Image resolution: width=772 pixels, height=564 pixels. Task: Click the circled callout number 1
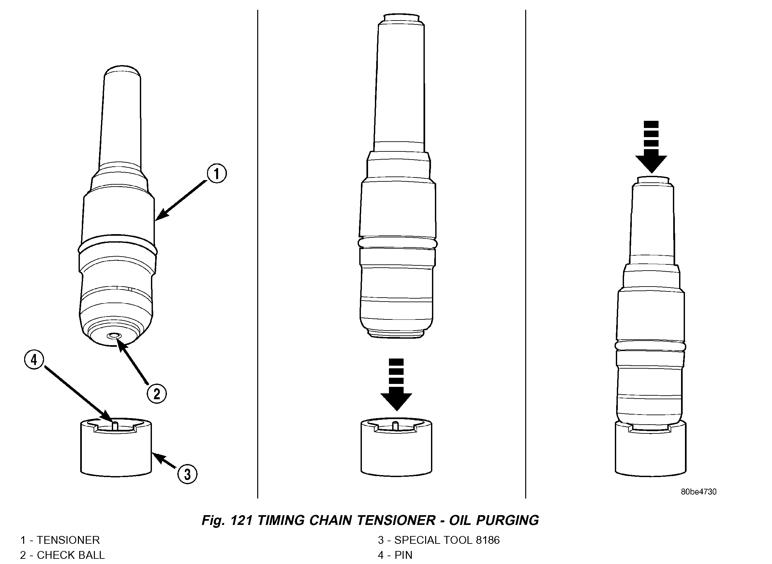217,174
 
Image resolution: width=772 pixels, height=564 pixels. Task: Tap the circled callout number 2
156,394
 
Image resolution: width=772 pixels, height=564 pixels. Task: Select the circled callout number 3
187,474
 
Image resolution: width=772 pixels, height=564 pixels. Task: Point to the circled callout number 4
34,360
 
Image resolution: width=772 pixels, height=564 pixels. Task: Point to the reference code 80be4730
699,492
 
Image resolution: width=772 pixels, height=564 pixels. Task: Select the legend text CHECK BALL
70,555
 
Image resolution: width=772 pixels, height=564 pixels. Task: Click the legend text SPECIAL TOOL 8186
447,540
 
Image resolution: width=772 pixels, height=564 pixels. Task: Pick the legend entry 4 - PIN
395,555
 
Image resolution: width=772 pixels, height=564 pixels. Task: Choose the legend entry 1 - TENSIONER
60,540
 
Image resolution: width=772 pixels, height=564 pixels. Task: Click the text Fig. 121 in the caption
225,520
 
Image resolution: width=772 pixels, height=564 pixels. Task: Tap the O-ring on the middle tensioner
397,243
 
